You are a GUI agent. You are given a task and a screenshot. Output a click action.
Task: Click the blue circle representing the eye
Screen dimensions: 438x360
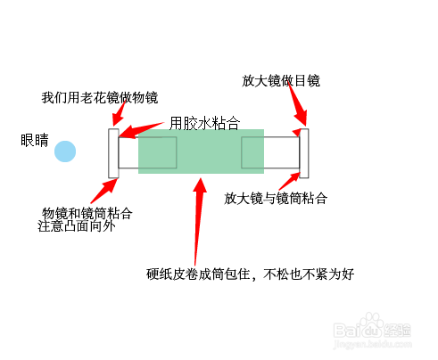click(65, 151)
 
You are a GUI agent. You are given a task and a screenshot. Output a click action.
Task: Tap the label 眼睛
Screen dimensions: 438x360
click(35, 140)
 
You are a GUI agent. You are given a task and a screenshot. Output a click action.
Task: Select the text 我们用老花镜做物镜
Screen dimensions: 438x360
click(100, 98)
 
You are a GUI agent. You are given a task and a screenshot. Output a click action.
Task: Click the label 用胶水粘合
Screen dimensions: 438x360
click(204, 123)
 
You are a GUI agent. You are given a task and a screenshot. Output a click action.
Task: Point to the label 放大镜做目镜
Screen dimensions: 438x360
click(281, 80)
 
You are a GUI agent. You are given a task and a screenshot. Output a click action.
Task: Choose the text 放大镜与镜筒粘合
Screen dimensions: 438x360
click(276, 198)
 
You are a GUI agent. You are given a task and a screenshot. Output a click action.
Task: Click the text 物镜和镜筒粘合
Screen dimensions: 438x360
click(87, 213)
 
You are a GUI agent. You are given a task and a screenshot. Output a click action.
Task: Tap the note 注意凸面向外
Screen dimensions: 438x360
click(77, 226)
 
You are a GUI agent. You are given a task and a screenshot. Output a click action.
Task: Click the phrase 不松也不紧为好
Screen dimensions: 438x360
click(309, 274)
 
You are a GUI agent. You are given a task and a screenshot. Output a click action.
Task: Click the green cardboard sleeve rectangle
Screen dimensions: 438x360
click(201, 151)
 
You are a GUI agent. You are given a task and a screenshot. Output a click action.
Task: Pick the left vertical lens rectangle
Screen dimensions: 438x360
click(113, 153)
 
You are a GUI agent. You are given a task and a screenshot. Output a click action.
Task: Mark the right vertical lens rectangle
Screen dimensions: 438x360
click(304, 153)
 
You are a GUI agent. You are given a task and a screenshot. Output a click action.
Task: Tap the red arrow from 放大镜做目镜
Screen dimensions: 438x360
click(298, 103)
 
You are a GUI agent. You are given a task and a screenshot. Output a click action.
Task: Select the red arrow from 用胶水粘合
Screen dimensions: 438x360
click(141, 130)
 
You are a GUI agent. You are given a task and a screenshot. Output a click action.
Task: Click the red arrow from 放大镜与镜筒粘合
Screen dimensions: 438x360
click(290, 181)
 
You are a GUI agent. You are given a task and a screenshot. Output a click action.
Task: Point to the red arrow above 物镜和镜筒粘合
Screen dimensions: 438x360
click(104, 191)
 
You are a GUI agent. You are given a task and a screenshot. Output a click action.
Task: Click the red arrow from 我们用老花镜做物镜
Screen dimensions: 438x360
click(119, 114)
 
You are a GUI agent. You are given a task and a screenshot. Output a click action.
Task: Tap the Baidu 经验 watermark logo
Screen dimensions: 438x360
click(373, 331)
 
